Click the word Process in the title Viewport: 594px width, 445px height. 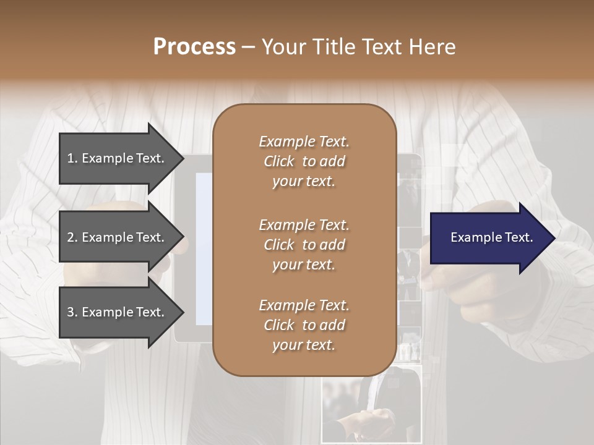[194, 47]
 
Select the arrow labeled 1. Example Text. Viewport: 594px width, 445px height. [118, 158]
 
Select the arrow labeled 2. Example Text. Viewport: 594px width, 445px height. [118, 237]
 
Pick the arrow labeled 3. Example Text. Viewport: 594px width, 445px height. [118, 312]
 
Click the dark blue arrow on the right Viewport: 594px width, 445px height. [489, 237]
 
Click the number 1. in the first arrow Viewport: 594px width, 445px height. [72, 158]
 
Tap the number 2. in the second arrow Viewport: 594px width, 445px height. [72, 237]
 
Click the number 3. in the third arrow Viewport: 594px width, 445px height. [72, 312]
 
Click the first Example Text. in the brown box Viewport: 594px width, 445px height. [304, 142]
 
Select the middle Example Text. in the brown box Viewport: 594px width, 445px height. [304, 225]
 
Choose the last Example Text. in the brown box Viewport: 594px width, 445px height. [304, 305]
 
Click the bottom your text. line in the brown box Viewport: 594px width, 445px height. [304, 345]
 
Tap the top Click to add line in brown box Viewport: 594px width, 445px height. [304, 161]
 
